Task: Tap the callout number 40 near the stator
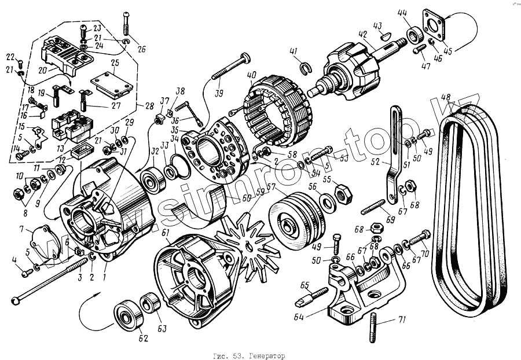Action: pos(251,75)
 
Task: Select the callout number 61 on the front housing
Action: pos(166,233)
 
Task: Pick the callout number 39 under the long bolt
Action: pos(218,94)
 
